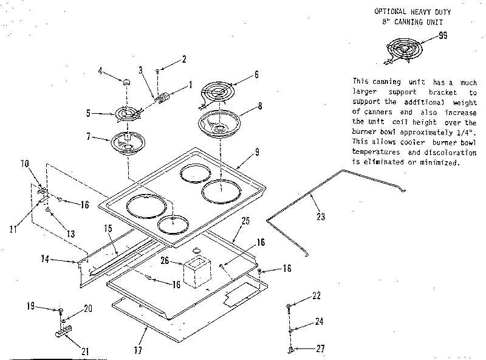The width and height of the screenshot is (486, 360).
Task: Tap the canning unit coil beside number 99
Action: (404, 49)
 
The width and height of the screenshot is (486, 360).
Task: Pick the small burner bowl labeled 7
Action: (127, 143)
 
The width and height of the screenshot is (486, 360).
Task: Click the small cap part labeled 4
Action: (126, 81)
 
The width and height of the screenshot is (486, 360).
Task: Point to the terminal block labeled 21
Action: (61, 333)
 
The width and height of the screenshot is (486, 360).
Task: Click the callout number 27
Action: (320, 348)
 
